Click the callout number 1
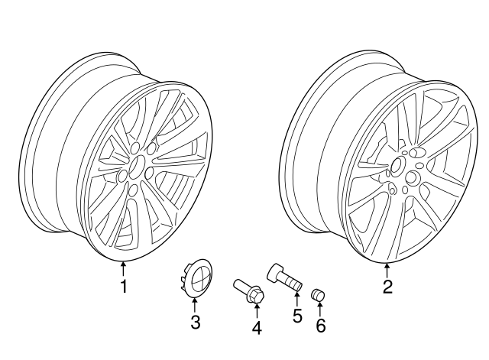pyautogui.click(x=122, y=287)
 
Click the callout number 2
pyautogui.click(x=387, y=287)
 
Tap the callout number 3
pyautogui.click(x=195, y=323)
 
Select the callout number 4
pyautogui.click(x=257, y=329)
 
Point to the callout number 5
pyautogui.click(x=297, y=314)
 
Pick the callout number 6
pyautogui.click(x=320, y=326)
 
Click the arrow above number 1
pyautogui.click(x=122, y=268)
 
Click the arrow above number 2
pyautogui.click(x=387, y=269)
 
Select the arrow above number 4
pyautogui.click(x=257, y=310)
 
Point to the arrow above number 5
pyautogui.click(x=297, y=297)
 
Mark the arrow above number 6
pyautogui.click(x=320, y=308)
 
